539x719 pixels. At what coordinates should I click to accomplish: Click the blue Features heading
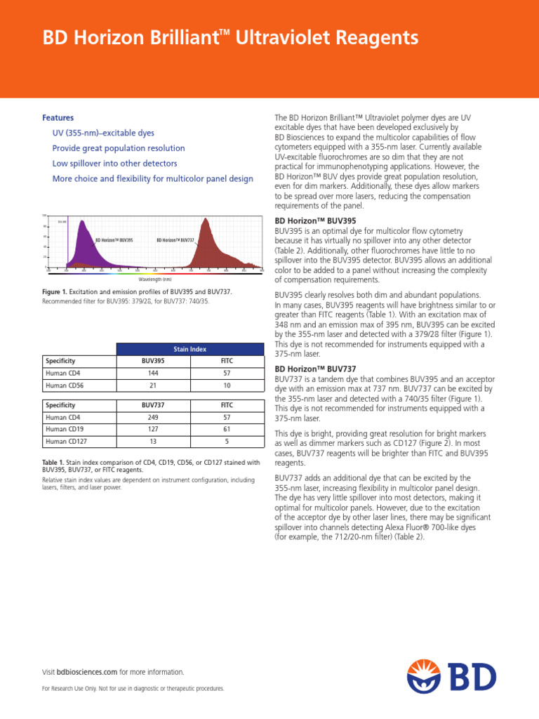tap(58, 118)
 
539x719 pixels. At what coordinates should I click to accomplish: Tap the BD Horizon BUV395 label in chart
tap(114, 240)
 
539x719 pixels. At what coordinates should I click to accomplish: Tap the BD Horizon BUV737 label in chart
tap(175, 240)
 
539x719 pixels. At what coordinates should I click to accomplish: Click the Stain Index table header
tap(189, 348)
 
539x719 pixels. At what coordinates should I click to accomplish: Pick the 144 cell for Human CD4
tap(153, 374)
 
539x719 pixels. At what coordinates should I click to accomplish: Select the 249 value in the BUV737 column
tap(153, 417)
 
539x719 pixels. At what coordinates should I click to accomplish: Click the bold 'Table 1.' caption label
tap(55, 463)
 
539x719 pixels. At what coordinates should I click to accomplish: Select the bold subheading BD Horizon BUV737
tap(305, 369)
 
